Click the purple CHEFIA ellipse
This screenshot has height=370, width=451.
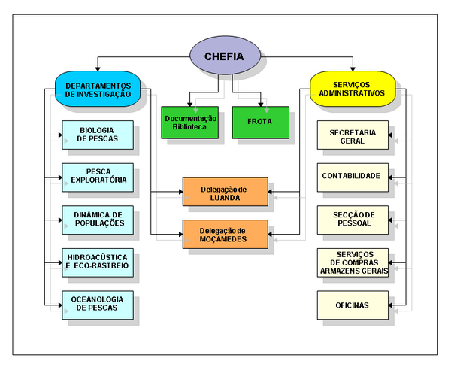225,56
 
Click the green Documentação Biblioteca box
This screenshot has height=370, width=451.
190,123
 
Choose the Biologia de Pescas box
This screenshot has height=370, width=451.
98,135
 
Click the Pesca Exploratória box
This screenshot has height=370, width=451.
98,177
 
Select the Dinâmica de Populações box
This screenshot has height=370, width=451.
98,219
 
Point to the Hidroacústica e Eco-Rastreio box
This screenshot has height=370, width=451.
98,261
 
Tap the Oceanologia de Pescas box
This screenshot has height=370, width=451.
98,304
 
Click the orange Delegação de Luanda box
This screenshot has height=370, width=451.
225,192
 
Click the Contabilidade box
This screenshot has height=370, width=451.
352,177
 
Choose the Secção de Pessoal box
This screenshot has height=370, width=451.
352,219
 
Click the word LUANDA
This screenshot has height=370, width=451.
225,197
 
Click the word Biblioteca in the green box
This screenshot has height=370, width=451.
190,128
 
